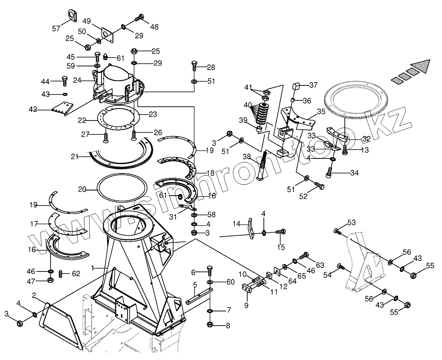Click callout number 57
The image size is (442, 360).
[x=56, y=28]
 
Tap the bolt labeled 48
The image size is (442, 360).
[x=139, y=18]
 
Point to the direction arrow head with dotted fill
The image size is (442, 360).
[x=419, y=65]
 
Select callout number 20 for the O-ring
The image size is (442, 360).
[x=82, y=190]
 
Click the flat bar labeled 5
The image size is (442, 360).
[x=199, y=296]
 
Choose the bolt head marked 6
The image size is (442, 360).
[x=210, y=270]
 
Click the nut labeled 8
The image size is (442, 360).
[x=210, y=325]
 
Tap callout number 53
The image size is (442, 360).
[x=351, y=222]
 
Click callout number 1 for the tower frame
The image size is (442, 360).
[x=93, y=268]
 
